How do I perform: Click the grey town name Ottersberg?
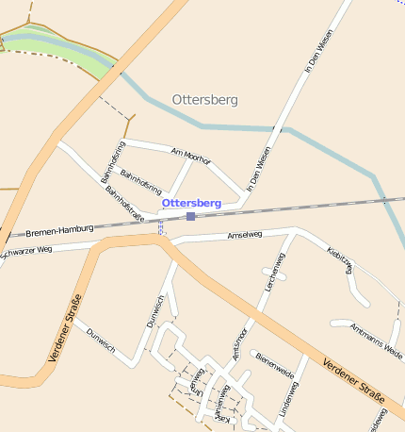(x=205, y=99)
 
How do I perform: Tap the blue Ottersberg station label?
(x=191, y=203)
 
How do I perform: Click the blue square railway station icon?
(x=190, y=216)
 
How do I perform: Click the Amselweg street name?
(x=245, y=236)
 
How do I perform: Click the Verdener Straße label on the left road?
(x=64, y=329)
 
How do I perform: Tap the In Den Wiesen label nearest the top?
(x=320, y=52)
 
